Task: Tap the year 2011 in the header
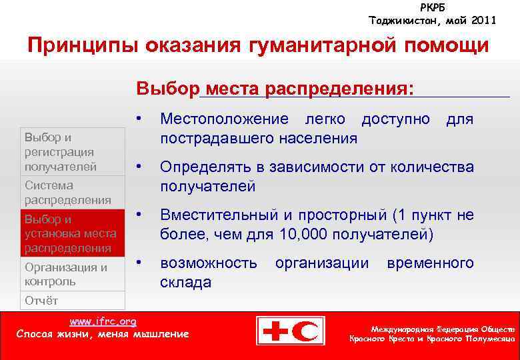(x=482, y=21)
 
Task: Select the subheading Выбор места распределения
(x=275, y=89)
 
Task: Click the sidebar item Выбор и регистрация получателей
(x=60, y=152)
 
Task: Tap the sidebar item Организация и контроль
(x=65, y=274)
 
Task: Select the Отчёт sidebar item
(x=41, y=300)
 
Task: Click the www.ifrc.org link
(x=103, y=321)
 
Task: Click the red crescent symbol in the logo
(x=309, y=331)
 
